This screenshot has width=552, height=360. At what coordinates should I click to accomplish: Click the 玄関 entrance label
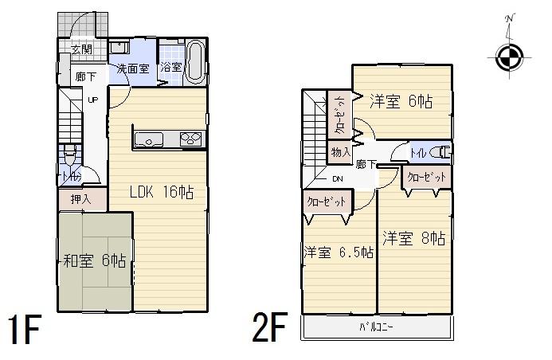click(x=81, y=49)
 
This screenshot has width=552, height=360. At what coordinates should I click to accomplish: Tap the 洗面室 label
click(x=133, y=68)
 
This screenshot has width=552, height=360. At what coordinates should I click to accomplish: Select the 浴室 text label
click(x=171, y=67)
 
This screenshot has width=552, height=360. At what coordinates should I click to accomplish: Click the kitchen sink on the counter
click(x=149, y=140)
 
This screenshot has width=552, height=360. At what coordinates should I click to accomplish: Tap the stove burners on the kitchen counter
click(x=192, y=139)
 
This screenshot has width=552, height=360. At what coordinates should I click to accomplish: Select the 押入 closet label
click(x=81, y=198)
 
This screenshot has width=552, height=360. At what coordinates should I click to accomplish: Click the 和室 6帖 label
click(x=94, y=260)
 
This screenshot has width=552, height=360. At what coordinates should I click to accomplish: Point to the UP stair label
click(x=92, y=100)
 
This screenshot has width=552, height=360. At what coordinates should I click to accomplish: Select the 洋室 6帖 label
click(x=401, y=102)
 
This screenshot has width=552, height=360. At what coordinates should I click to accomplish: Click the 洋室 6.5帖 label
click(x=339, y=252)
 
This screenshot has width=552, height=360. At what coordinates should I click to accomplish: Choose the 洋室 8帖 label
click(x=413, y=238)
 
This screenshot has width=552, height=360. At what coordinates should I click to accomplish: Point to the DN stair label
click(x=337, y=179)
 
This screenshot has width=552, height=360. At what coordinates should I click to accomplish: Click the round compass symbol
click(x=508, y=57)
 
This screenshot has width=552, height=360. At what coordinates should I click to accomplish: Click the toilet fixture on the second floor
click(x=440, y=151)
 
